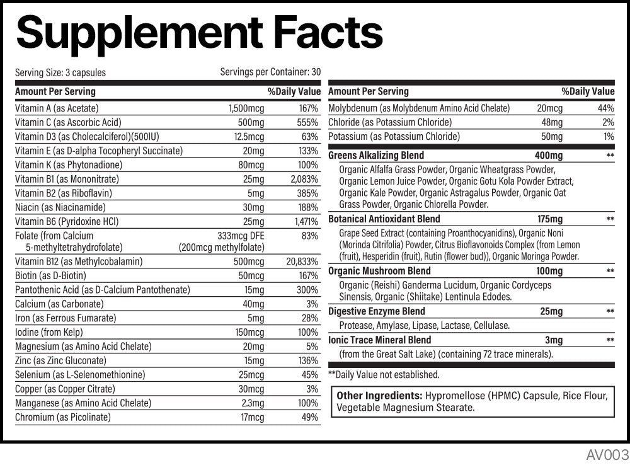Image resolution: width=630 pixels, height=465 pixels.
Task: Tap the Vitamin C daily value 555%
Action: pos(307,122)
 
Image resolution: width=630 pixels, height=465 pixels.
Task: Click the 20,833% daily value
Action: pos(302,261)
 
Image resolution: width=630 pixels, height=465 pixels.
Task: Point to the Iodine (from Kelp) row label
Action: pos(49,332)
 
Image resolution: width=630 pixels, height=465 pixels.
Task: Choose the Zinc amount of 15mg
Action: pos(254,360)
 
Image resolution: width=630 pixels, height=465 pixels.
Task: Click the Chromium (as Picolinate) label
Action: pos(62,417)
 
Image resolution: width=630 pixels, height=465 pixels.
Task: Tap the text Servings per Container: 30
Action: pos(270,72)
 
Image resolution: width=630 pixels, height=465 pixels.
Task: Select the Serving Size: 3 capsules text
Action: pos(60,72)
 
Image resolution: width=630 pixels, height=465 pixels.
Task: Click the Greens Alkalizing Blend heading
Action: pos(376,156)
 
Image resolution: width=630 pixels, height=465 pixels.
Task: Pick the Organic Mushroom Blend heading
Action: pos(379,271)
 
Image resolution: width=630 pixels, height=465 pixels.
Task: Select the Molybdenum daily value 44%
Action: pos(605,108)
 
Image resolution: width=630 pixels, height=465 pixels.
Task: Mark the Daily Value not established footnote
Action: pos(384,375)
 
